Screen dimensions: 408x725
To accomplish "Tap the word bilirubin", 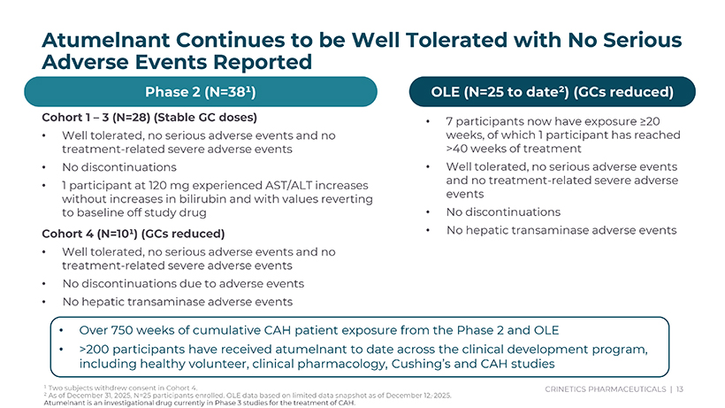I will tap(224, 199).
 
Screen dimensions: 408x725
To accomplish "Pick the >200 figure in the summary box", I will tap(95, 348).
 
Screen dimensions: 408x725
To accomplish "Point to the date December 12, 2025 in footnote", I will tap(426, 395).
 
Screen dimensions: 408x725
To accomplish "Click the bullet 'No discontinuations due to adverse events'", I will tap(183, 284).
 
